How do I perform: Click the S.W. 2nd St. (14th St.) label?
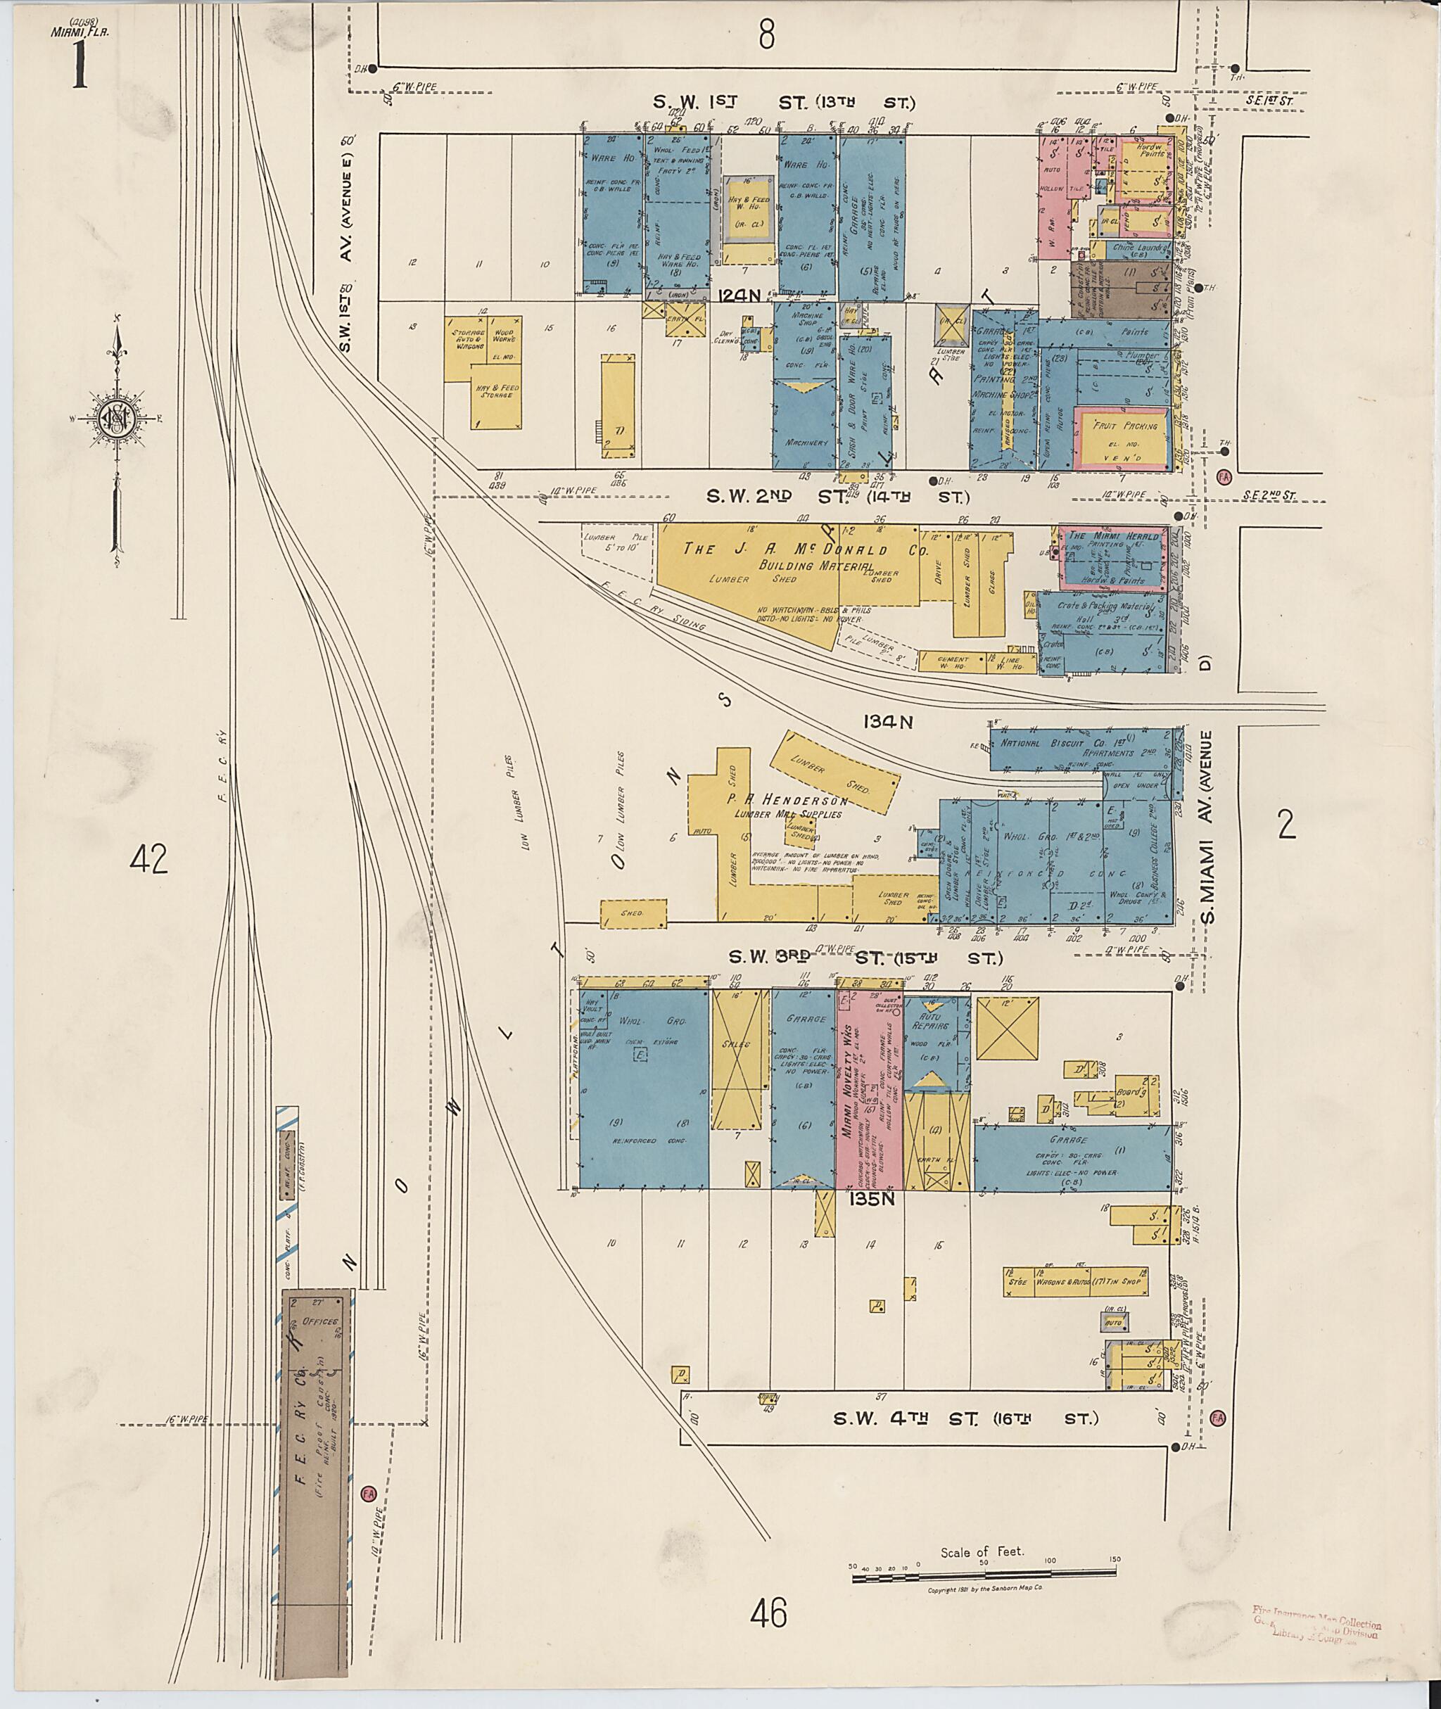837,497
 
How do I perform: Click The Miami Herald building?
1113,558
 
